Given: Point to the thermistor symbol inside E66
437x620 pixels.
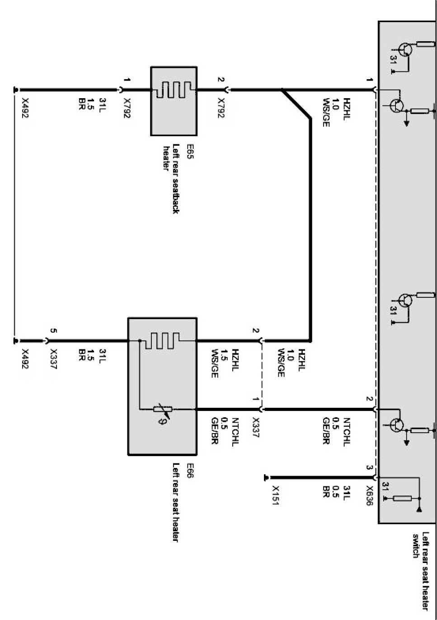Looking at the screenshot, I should point(163,410).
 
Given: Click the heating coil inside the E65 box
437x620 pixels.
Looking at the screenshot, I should point(174,90).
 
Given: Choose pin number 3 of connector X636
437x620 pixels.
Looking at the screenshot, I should point(369,467).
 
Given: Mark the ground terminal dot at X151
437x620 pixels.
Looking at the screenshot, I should point(266,477).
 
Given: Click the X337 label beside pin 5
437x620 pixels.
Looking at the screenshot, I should point(54,360).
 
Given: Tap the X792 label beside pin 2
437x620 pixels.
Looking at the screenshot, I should point(221,108).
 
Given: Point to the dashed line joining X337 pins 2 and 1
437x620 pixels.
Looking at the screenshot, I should point(261,371).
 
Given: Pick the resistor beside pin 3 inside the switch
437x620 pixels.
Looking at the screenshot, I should point(402,499).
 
